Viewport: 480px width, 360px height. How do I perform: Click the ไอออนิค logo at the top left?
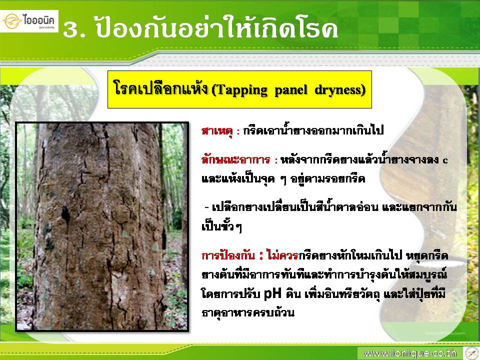click(29, 21)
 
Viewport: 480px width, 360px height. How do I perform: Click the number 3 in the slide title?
click(71, 30)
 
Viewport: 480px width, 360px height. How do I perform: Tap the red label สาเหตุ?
click(217, 130)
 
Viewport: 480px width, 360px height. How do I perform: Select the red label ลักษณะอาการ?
click(235, 159)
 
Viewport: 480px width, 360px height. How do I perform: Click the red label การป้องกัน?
click(228, 255)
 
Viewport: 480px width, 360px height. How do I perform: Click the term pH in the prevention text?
click(272, 294)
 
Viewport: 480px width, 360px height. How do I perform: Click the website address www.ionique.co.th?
click(410, 353)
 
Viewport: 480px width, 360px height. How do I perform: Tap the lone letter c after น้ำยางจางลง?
click(445, 160)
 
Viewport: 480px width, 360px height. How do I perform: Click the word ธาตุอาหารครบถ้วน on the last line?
click(247, 312)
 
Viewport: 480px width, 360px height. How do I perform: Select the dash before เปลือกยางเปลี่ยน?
click(206, 208)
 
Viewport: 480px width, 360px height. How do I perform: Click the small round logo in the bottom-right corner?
click(471, 353)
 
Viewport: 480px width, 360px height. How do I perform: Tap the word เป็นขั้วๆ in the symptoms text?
click(221, 226)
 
